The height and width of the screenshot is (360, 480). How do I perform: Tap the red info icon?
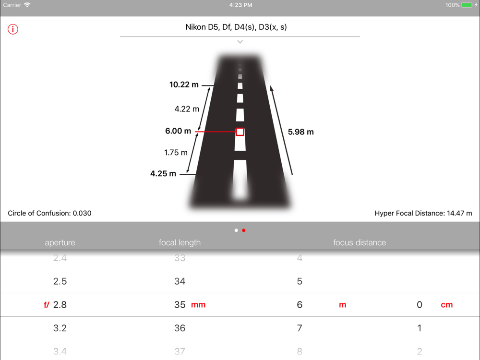coord(13,29)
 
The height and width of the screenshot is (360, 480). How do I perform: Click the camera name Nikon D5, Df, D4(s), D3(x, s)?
coord(236,27)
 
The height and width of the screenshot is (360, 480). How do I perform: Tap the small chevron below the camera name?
coord(240,42)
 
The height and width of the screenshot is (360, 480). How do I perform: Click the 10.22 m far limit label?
coord(184,85)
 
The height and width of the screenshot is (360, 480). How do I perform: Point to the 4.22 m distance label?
coord(187,109)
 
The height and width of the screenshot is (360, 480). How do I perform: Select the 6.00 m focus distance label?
coord(178,131)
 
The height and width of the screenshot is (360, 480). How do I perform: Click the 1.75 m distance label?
coord(176,153)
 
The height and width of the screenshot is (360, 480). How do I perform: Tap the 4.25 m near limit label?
coord(163,174)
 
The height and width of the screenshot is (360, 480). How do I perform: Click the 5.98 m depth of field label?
coord(300,132)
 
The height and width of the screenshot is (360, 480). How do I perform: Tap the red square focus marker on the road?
coord(240,132)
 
